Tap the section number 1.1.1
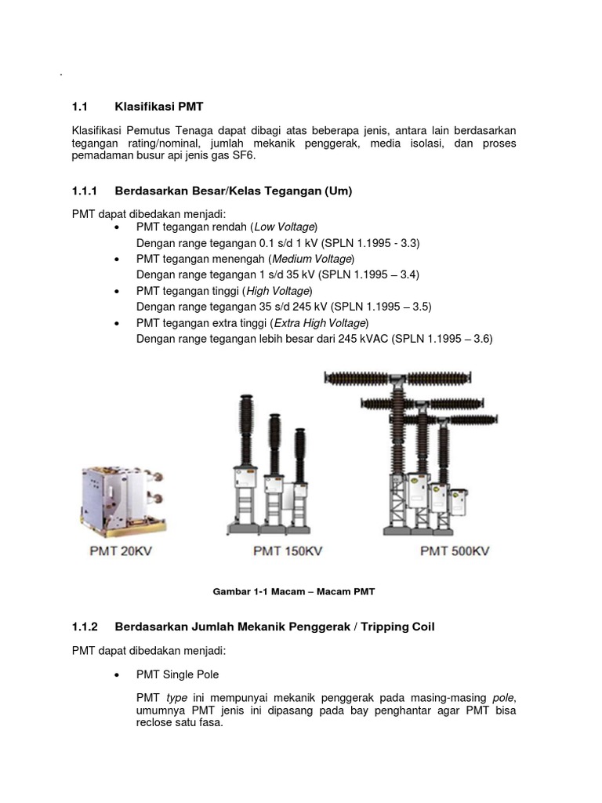tap(84, 191)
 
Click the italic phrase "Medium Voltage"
tap(312, 259)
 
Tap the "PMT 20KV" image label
tap(120, 551)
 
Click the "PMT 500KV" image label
tap(454, 551)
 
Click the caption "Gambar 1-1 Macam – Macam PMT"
tap(299, 590)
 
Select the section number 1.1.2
tap(84, 627)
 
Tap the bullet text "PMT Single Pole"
tap(177, 674)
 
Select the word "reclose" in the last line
tap(156, 723)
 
